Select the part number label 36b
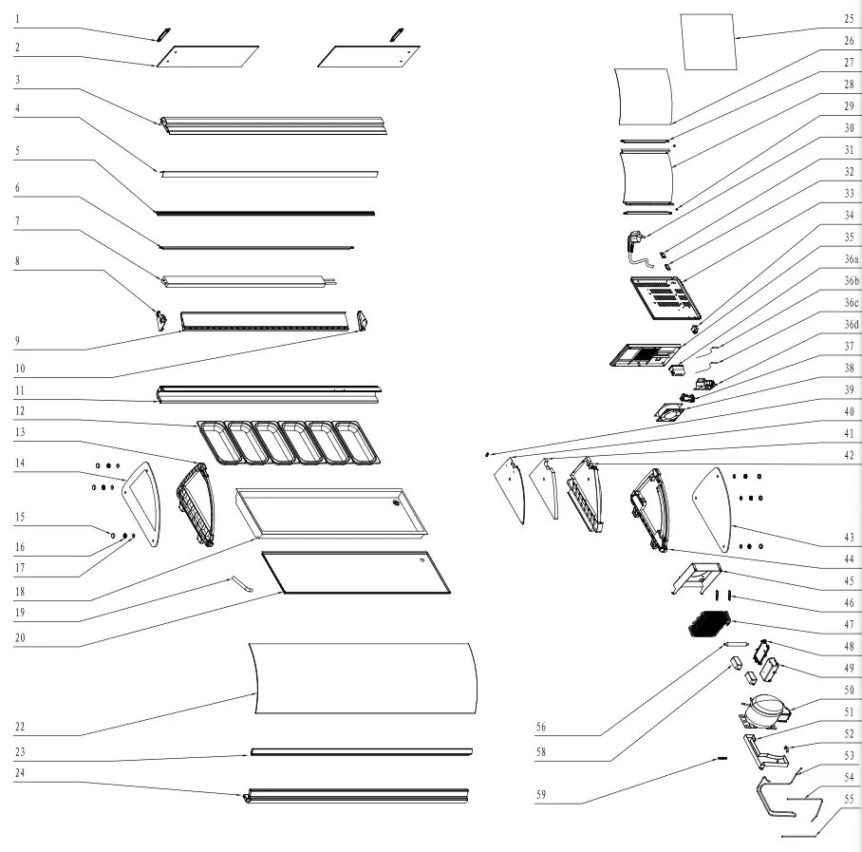851,282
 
